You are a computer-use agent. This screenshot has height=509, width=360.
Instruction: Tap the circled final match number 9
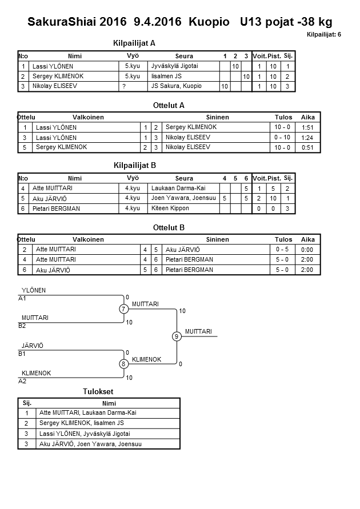tap(177, 336)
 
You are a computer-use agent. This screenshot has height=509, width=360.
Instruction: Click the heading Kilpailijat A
tap(135, 43)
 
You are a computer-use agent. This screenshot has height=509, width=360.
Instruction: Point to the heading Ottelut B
tap(169, 227)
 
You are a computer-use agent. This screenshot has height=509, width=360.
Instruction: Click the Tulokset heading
tap(98, 391)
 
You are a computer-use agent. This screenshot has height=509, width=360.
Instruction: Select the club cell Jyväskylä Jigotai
tap(174, 66)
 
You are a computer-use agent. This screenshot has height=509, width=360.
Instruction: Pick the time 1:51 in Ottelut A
tap(307, 127)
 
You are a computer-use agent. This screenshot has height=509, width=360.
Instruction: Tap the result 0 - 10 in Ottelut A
tap(282, 138)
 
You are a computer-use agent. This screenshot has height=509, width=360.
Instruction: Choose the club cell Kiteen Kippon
tap(170, 209)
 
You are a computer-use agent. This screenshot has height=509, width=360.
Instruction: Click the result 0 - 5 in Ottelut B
tap(282, 250)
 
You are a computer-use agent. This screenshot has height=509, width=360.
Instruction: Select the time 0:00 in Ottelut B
tap(307, 250)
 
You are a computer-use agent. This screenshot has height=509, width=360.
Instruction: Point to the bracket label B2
tap(22, 326)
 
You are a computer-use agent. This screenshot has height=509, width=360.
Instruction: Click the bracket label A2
tap(22, 380)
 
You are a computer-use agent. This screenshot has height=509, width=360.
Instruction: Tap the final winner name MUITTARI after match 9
tap(198, 331)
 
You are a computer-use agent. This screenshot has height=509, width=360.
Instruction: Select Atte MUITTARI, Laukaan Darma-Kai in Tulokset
tap(87, 413)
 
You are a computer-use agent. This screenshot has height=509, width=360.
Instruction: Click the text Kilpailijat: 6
tap(324, 35)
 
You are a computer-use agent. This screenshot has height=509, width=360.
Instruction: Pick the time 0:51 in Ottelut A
tap(307, 147)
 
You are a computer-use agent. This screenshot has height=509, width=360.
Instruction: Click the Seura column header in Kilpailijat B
tap(184, 178)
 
